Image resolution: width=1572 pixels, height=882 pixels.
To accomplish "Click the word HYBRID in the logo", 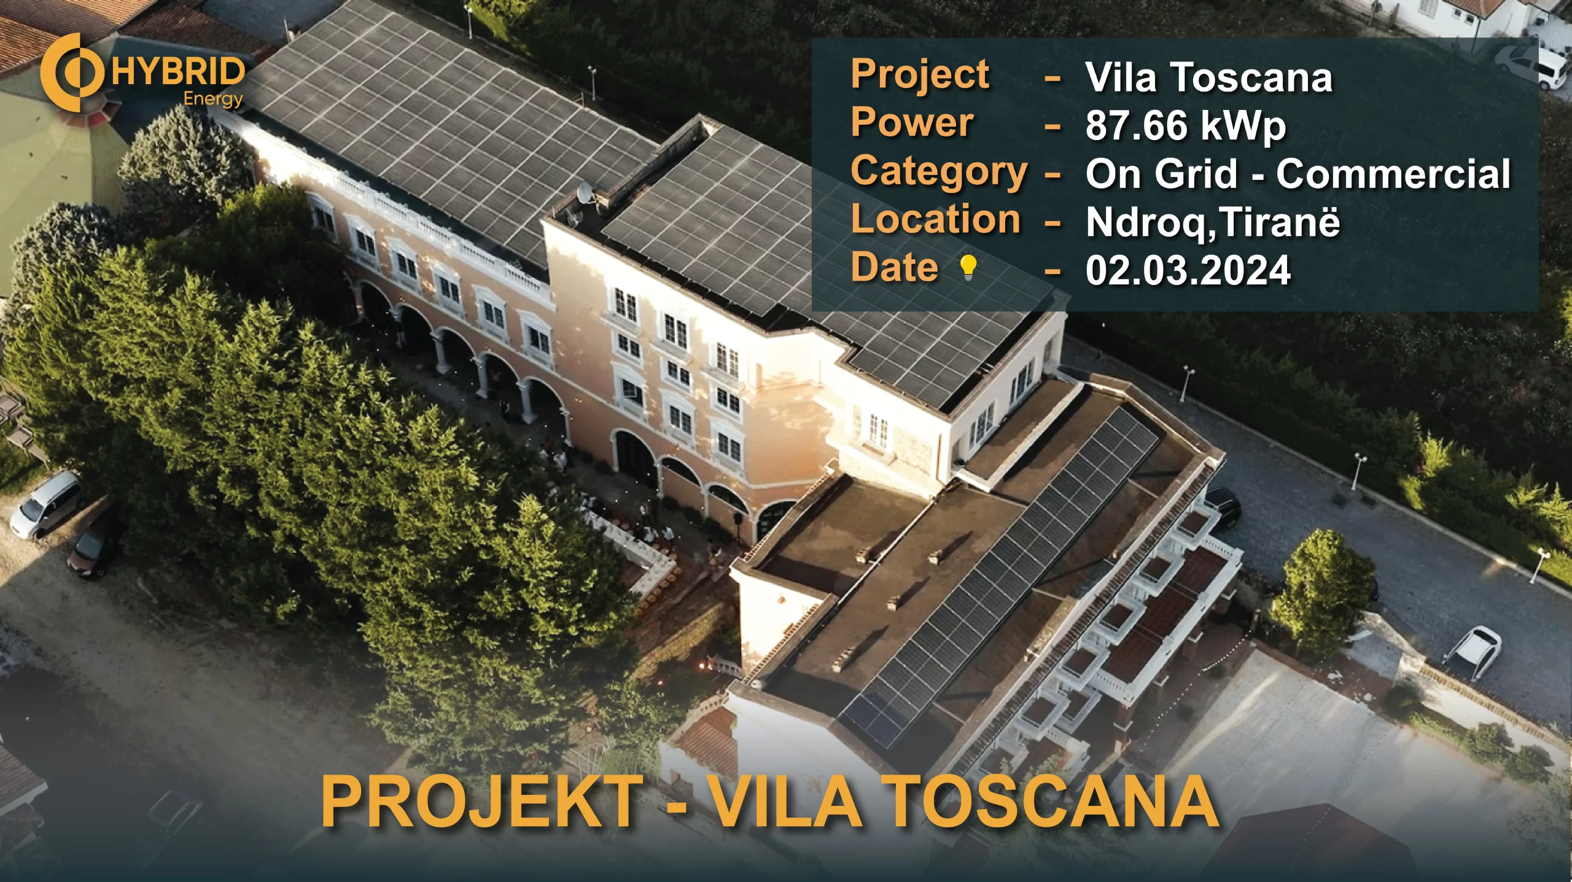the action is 178,72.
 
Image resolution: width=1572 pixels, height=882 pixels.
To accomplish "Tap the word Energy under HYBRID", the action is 214,100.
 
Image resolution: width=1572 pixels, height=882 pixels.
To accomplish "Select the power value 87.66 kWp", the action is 1185,127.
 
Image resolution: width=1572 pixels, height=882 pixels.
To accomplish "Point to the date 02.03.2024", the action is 1188,270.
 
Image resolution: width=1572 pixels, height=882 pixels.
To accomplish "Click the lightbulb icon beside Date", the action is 968,268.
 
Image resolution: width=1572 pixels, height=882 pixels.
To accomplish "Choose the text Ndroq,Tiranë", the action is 1213,222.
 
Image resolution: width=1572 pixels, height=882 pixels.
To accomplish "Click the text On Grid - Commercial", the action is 1298,174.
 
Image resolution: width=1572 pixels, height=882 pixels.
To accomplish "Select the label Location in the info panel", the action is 936,219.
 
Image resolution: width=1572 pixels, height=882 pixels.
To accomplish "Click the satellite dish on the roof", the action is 586,193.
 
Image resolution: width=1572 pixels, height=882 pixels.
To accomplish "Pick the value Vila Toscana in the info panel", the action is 1209,78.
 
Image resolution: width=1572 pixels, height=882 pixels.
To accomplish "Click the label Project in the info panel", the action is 920,75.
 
